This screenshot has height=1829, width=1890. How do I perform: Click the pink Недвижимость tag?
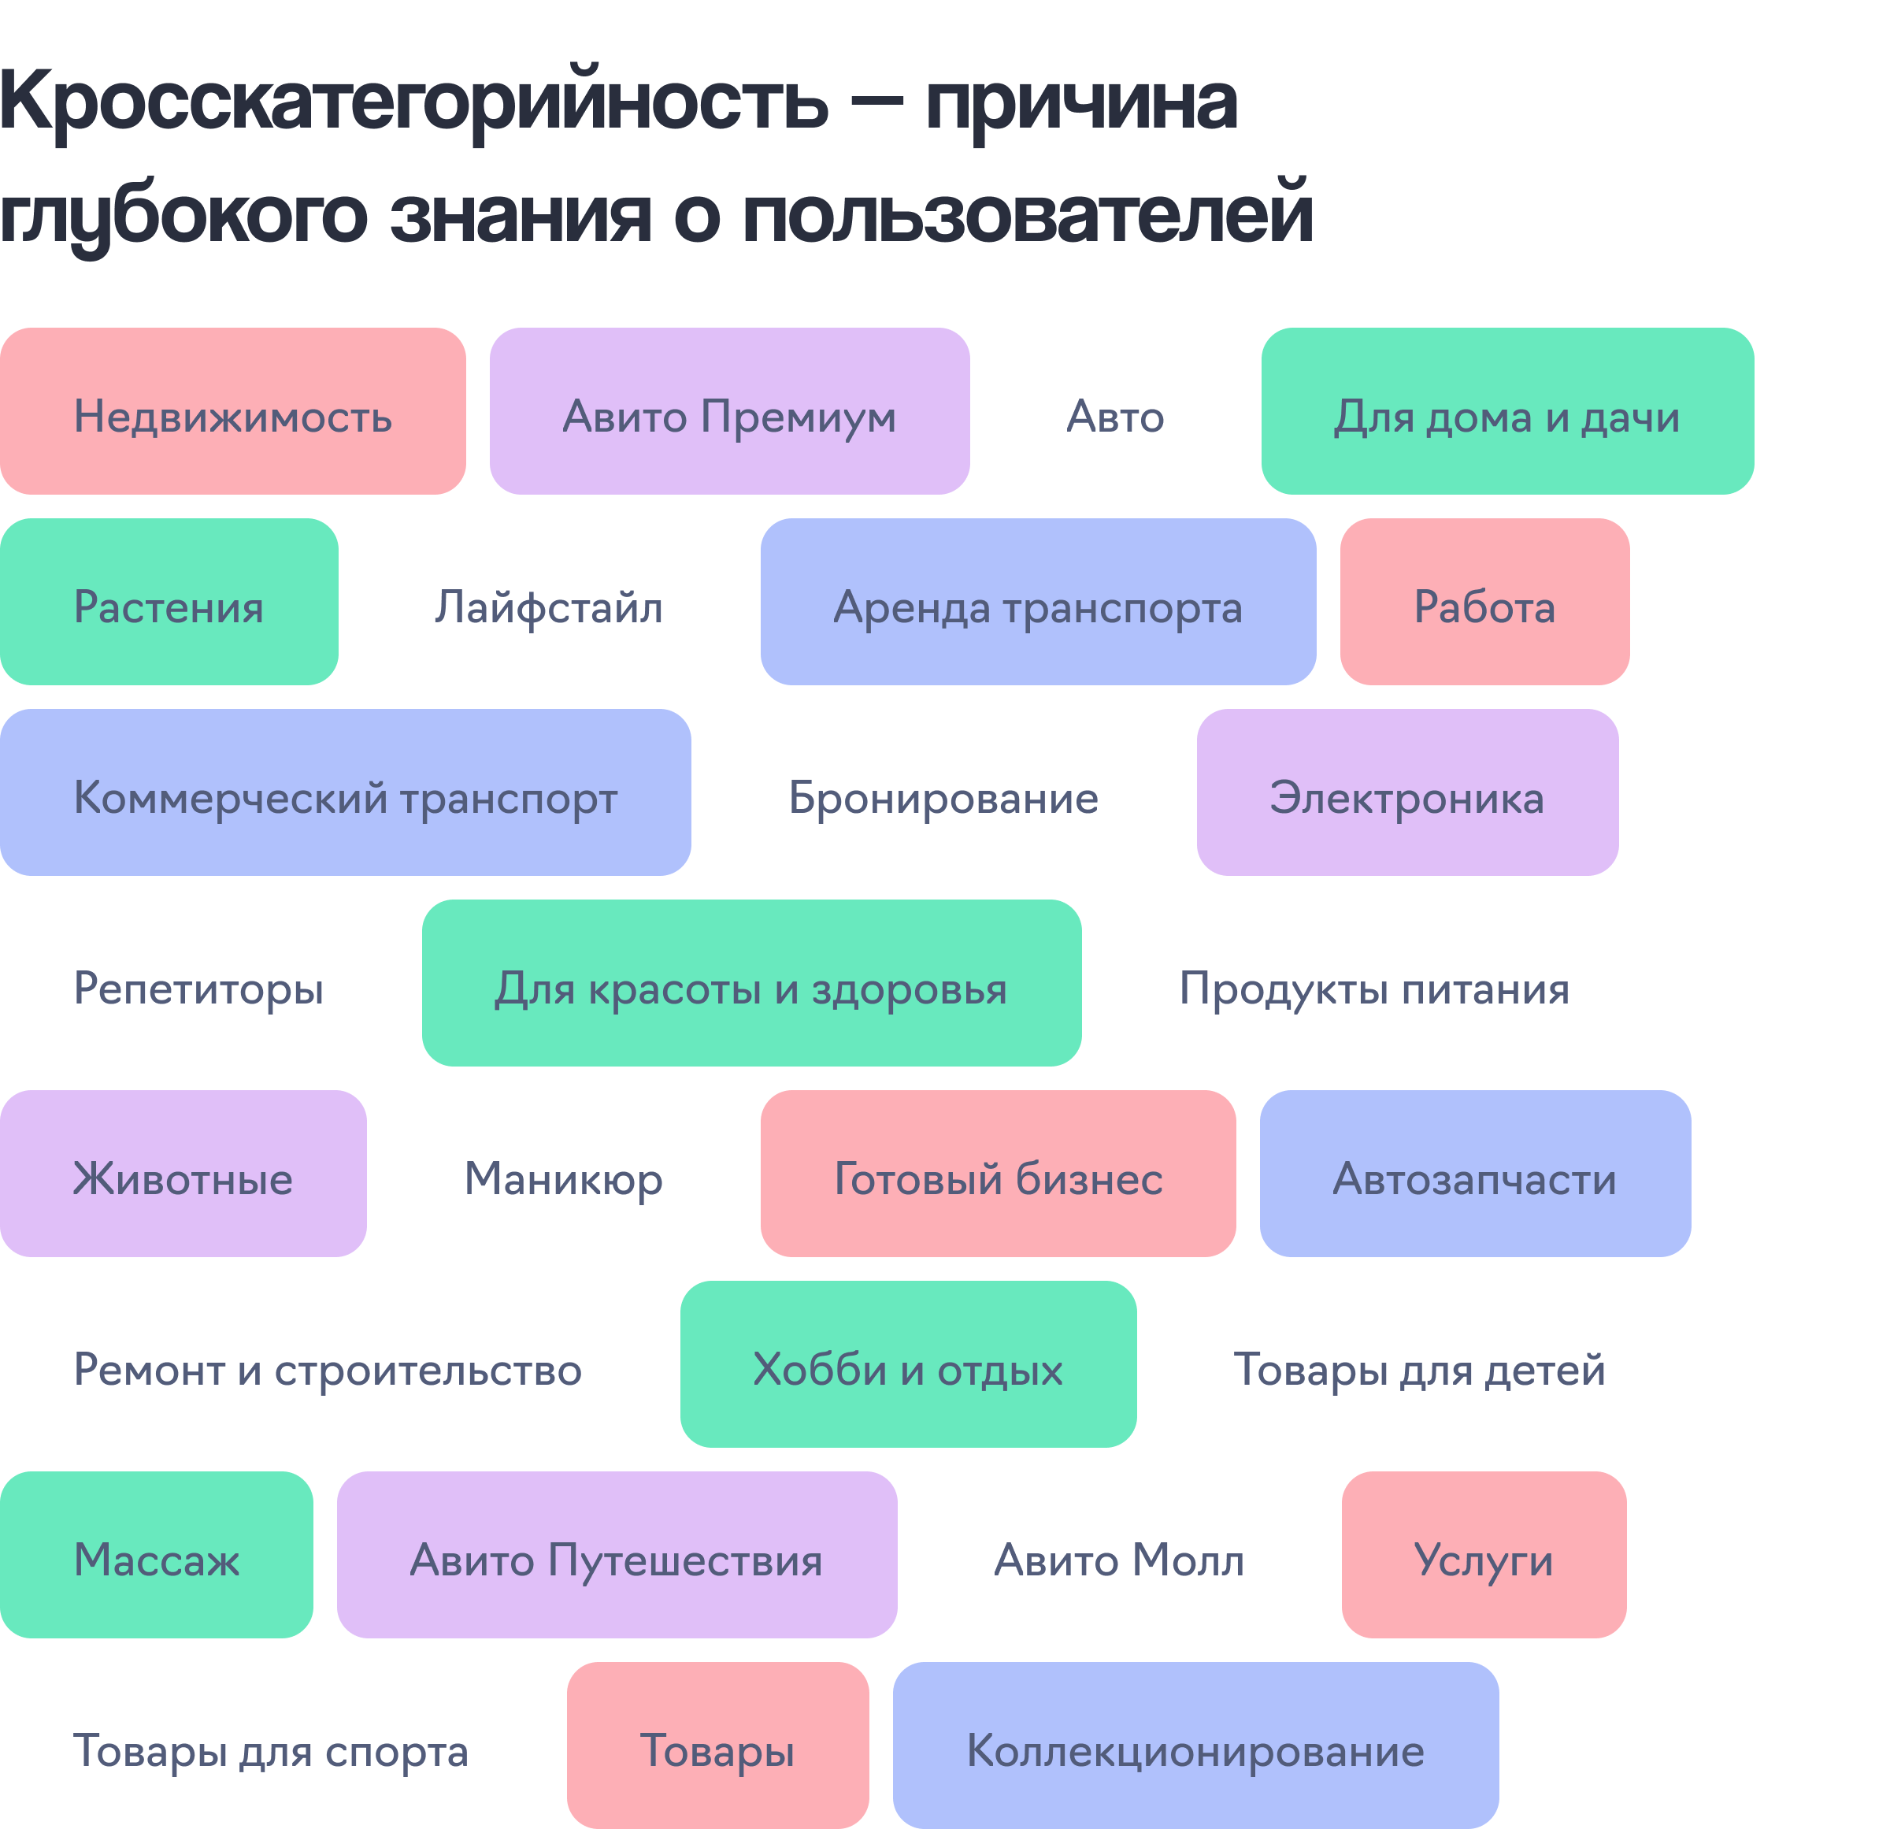click(x=232, y=412)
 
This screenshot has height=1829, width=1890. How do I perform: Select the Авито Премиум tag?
click(x=729, y=412)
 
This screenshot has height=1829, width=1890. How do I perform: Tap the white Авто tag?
click(x=1115, y=412)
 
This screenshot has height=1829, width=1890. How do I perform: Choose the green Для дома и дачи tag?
click(x=1506, y=412)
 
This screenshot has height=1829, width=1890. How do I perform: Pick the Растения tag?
click(x=169, y=602)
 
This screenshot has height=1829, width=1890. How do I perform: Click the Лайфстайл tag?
click(x=549, y=602)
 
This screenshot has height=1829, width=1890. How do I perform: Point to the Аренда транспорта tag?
click(x=1038, y=602)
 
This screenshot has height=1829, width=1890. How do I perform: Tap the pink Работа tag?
click(x=1484, y=602)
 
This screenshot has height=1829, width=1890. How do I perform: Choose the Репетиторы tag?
click(x=198, y=983)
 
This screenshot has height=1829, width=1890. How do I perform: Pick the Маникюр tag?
click(x=563, y=1174)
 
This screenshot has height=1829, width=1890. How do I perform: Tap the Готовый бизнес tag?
click(x=998, y=1174)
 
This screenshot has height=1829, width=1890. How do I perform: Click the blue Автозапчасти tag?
click(x=1474, y=1174)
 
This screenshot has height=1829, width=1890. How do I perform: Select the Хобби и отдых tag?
click(x=907, y=1364)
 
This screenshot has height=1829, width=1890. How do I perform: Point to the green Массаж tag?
click(x=156, y=1555)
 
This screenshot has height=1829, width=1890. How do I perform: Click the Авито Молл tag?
click(x=1118, y=1555)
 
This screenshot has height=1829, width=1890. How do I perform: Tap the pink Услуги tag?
click(x=1483, y=1555)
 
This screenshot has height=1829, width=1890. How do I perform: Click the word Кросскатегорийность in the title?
click(x=413, y=102)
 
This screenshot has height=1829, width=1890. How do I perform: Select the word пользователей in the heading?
click(x=1027, y=214)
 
